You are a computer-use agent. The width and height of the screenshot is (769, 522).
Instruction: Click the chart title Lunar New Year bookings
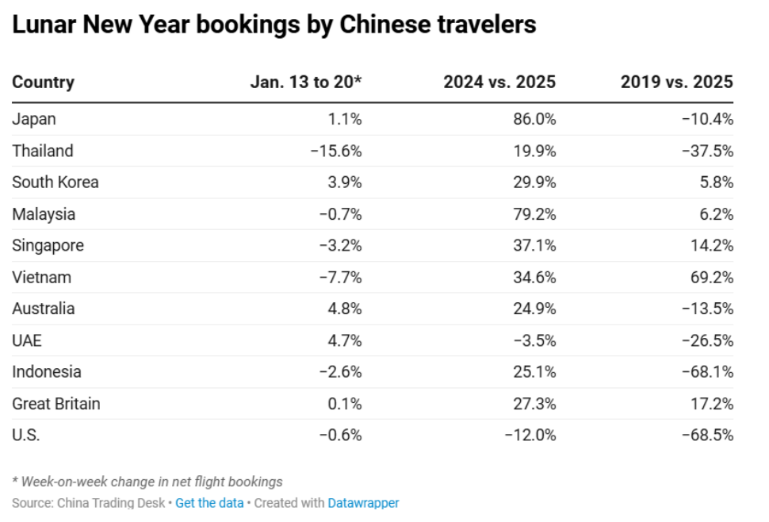(274, 25)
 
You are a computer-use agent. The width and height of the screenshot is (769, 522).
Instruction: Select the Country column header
(43, 82)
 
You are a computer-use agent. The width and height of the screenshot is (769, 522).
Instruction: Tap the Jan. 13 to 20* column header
(306, 82)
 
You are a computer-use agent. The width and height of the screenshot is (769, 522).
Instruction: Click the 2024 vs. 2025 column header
(499, 82)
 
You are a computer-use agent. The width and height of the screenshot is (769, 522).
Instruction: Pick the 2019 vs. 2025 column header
(676, 82)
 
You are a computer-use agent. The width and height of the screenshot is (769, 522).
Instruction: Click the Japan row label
(34, 119)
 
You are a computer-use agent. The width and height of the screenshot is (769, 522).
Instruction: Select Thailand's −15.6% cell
(336, 151)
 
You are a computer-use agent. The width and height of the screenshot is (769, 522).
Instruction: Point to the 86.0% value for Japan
(534, 119)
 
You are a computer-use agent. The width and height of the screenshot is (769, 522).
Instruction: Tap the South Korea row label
(55, 182)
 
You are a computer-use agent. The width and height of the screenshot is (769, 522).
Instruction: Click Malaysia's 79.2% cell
(534, 213)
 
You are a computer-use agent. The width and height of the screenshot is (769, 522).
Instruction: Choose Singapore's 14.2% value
(712, 245)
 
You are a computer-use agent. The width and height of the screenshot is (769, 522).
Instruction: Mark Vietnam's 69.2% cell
(712, 277)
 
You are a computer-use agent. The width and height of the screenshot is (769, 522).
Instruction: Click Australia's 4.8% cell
(346, 309)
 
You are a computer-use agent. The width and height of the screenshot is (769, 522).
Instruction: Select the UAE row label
(27, 340)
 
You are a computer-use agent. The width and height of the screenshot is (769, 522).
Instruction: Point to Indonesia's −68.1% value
(707, 371)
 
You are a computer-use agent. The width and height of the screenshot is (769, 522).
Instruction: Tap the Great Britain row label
(56, 403)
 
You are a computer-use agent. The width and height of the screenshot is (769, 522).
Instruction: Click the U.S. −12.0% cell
(530, 435)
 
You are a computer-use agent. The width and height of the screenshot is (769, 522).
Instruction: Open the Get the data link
(209, 503)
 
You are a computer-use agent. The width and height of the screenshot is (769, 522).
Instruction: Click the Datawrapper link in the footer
(363, 503)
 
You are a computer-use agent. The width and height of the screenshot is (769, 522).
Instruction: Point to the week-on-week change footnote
(147, 482)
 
